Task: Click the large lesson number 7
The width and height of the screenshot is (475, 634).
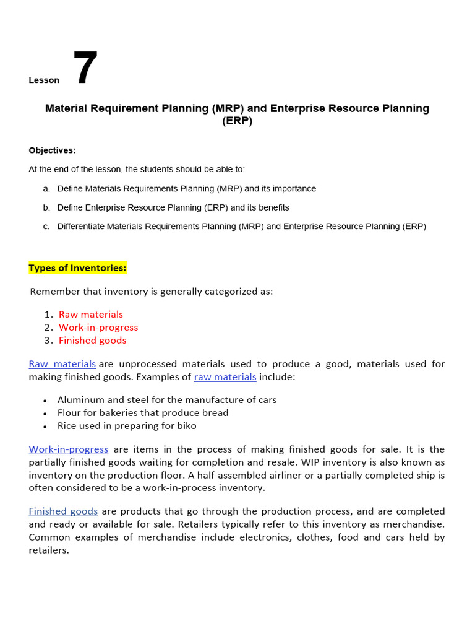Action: click(x=85, y=68)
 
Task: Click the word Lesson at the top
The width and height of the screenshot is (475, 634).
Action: click(x=44, y=80)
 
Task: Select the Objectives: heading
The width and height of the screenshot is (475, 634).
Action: click(x=52, y=150)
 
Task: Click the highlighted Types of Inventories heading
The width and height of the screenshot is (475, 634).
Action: click(x=77, y=267)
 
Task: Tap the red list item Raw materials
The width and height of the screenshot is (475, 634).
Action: click(x=91, y=315)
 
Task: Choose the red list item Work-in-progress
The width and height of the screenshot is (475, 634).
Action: click(x=98, y=328)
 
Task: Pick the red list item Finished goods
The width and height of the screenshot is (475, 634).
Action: click(x=92, y=341)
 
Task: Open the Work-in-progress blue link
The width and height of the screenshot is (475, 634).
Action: click(x=69, y=449)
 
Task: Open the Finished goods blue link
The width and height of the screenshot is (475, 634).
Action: click(x=63, y=511)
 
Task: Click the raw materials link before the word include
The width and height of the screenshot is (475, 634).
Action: click(x=225, y=377)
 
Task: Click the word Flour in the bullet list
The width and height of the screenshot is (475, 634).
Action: click(x=70, y=413)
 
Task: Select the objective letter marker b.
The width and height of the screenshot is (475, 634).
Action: click(x=46, y=207)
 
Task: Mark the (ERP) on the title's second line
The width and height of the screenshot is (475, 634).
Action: click(x=237, y=121)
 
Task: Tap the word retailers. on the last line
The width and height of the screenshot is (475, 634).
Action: click(x=49, y=550)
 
